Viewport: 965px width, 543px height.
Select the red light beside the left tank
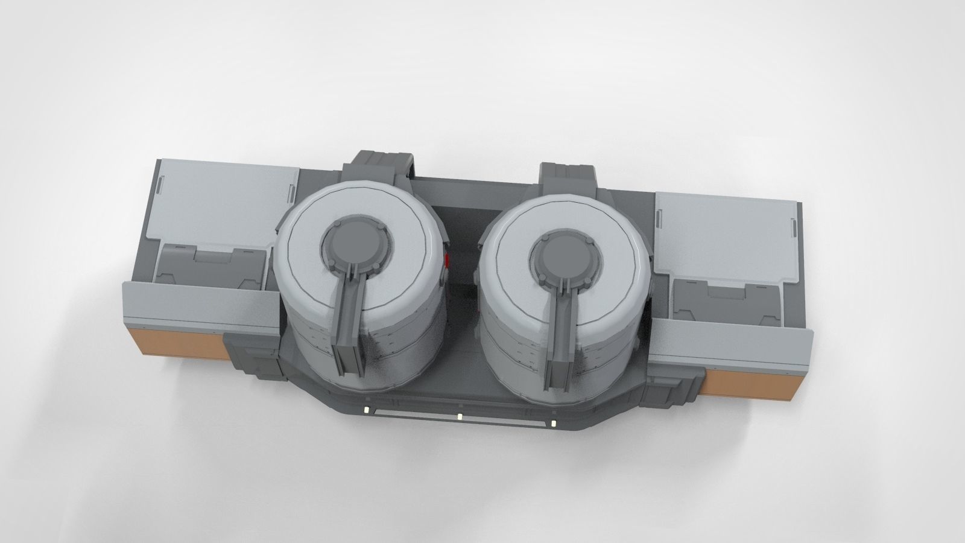point(448,261)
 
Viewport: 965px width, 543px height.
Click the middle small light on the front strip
point(460,416)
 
